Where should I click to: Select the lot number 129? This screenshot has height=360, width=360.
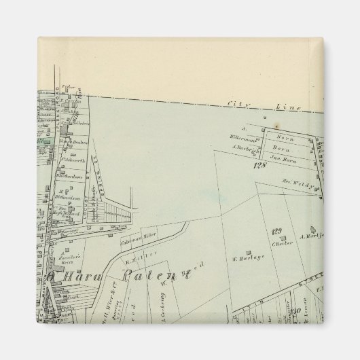(x=276, y=232)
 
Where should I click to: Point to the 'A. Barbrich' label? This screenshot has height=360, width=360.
(x=242, y=147)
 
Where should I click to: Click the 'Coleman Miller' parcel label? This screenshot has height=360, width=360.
(x=139, y=239)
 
